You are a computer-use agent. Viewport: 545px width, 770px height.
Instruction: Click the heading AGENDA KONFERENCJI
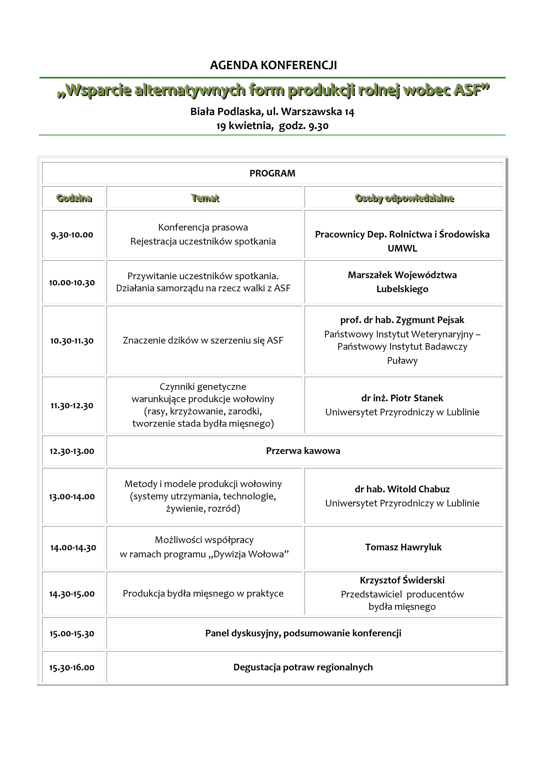pos(273,65)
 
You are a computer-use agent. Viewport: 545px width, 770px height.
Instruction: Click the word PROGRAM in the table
pos(272,173)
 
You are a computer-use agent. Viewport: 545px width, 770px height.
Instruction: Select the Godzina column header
pos(74,198)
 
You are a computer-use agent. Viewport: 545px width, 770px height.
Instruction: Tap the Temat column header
pos(205,198)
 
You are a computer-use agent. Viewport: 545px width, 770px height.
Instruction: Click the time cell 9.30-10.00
pos(72,235)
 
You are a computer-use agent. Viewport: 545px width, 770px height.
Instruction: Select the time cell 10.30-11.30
pos(72,341)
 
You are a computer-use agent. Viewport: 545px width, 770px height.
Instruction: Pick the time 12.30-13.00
pos(72,451)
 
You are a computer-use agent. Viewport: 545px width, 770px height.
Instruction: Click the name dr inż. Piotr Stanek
pos(402,398)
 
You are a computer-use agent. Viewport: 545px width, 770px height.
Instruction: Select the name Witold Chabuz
pos(418,489)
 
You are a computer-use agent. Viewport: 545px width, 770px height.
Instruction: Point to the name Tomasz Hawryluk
pos(403,547)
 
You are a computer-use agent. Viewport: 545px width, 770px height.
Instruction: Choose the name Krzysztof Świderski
pos(402,580)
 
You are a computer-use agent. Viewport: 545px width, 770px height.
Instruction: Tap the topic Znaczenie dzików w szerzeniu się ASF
pos(203,340)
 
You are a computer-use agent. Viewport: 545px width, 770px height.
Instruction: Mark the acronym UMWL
pos(402,248)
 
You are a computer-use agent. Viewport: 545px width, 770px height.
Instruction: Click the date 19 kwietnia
pos(244,126)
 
